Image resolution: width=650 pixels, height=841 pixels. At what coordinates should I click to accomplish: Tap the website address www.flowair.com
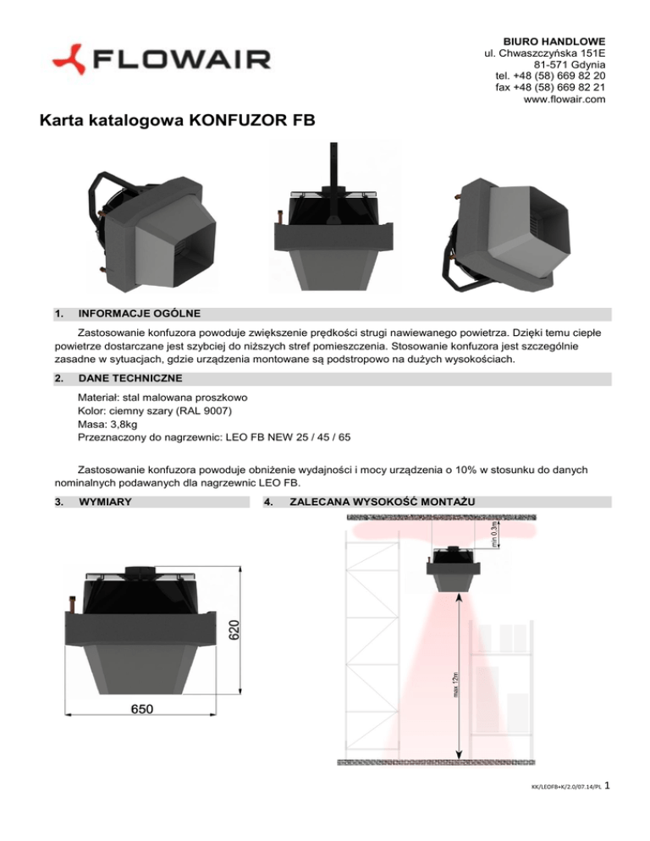(x=564, y=100)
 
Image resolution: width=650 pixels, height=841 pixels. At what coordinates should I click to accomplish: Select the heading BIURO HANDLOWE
(x=554, y=41)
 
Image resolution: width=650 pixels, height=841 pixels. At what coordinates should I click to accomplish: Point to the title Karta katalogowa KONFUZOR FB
(x=176, y=122)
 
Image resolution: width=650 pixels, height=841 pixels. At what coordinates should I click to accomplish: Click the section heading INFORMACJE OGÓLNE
(x=139, y=315)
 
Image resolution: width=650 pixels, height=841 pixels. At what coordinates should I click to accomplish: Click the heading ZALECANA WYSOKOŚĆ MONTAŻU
(x=382, y=503)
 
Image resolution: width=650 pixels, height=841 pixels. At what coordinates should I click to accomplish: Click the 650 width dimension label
(x=141, y=709)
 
